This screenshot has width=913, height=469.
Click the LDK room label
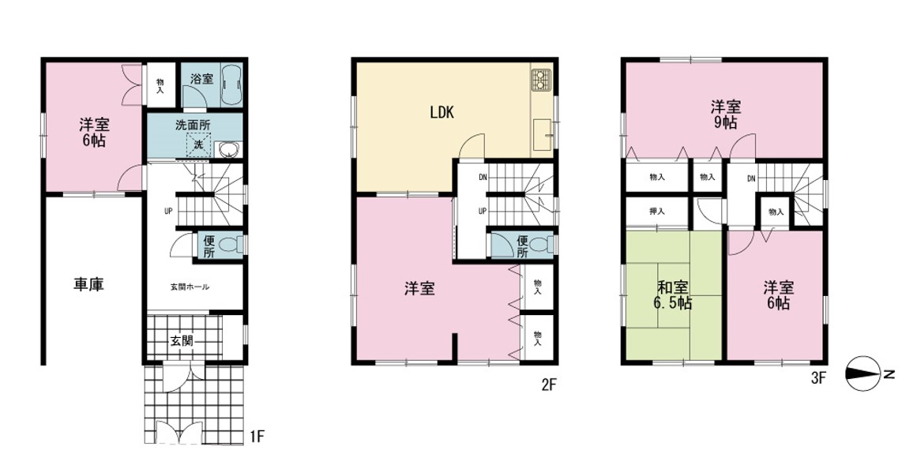441,113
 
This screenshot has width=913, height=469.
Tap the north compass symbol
863,373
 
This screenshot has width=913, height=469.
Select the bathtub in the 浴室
231,85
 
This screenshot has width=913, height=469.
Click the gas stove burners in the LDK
539,80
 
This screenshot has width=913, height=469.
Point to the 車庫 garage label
89,284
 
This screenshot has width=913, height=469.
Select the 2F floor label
550,385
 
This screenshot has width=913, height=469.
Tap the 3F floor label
818,378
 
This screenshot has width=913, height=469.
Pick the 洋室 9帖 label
725,114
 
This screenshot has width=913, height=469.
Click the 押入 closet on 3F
657,212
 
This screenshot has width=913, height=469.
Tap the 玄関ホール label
190,287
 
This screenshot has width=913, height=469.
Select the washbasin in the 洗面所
227,149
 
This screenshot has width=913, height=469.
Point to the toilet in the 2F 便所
541,245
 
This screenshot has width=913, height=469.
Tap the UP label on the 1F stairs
167,212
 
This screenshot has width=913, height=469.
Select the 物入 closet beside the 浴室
160,85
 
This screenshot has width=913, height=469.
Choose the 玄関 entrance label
181,340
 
